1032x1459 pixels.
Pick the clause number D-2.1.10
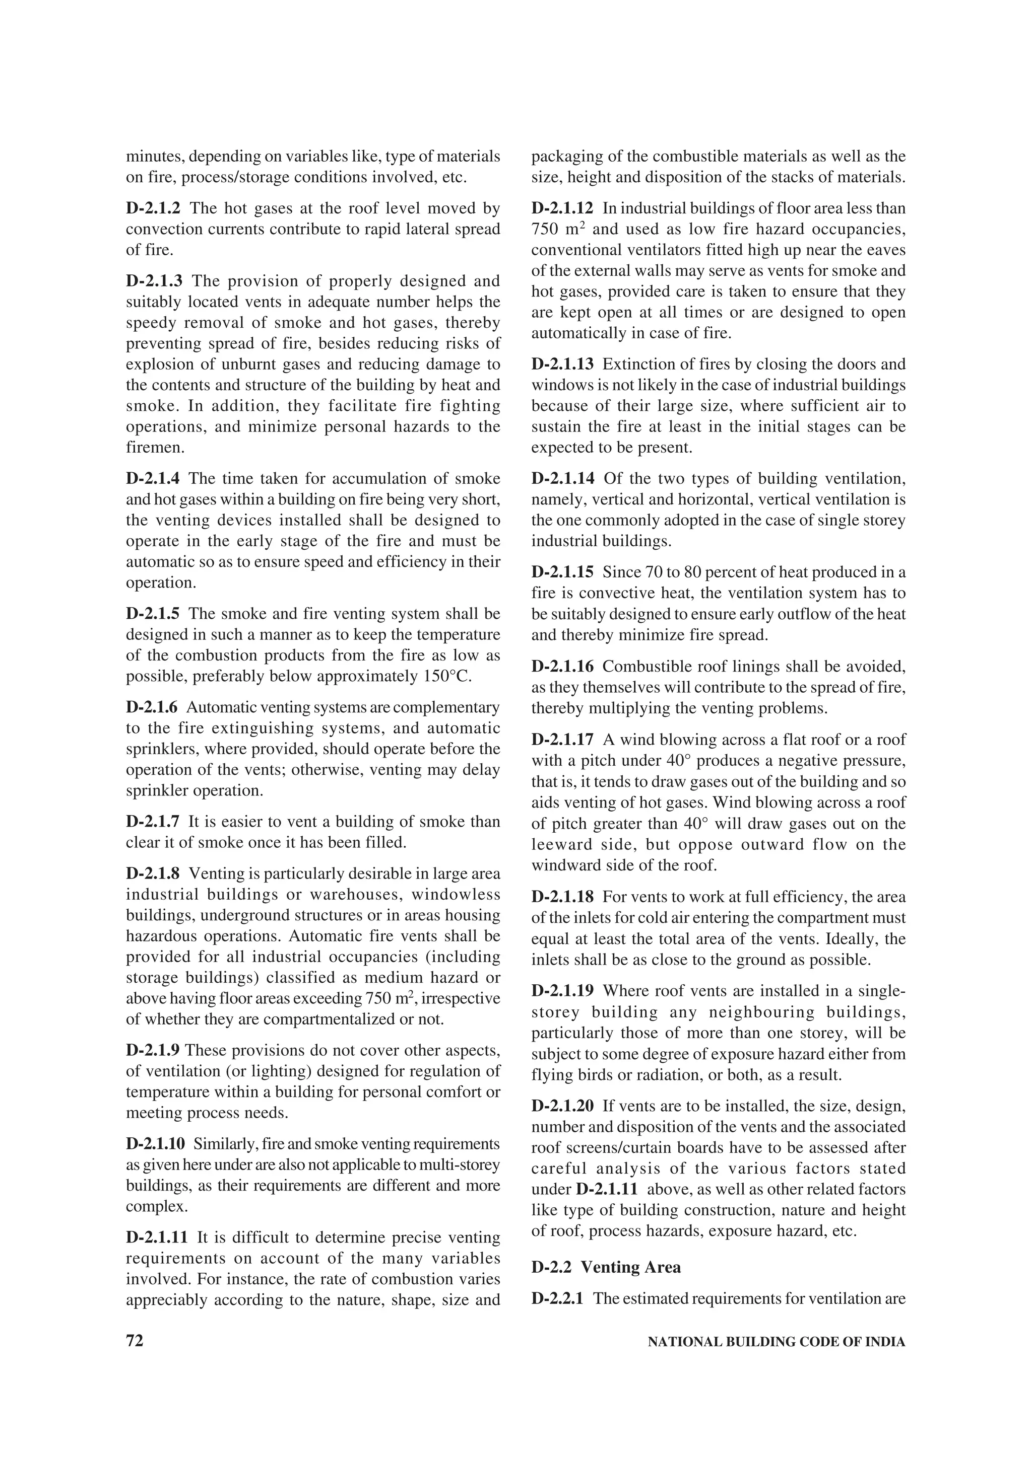coord(156,1144)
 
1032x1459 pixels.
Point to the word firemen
coord(155,448)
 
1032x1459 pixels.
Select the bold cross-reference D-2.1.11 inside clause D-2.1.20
coord(607,1189)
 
